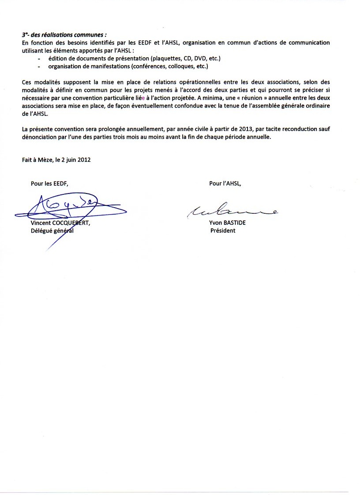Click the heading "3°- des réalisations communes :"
coord(64,34)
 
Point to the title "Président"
coord(223,231)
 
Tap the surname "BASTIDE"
coord(235,223)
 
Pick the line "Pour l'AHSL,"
coord(225,183)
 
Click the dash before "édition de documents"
coord(39,59)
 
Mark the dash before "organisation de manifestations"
coord(39,67)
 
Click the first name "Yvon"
coord(216,223)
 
